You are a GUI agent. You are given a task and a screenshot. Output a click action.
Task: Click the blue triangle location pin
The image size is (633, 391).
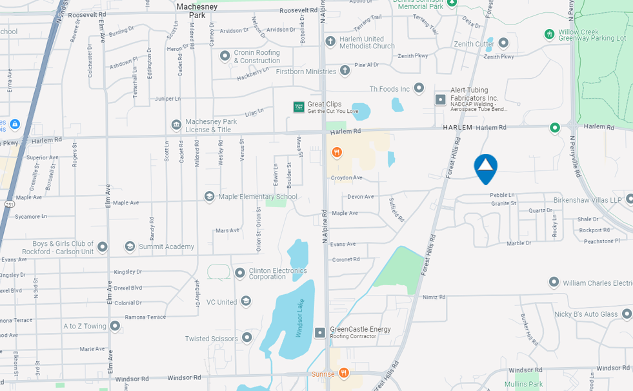(x=485, y=167)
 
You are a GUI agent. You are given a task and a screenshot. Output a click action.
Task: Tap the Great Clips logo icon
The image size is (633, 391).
(x=299, y=107)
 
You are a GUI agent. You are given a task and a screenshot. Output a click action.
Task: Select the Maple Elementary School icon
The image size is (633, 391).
(x=209, y=196)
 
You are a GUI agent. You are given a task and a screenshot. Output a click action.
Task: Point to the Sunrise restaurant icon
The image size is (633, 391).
(x=344, y=373)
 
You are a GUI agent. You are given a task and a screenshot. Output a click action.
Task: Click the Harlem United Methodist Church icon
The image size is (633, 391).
(x=330, y=42)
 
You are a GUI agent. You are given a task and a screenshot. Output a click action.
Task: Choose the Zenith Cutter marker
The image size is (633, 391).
(x=503, y=43)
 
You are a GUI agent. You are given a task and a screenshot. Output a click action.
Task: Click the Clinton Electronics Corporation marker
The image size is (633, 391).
(x=240, y=273)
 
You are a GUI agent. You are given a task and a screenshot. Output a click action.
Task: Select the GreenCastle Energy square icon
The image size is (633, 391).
(x=320, y=332)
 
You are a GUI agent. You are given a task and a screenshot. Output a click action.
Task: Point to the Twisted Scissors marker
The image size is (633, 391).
(x=246, y=338)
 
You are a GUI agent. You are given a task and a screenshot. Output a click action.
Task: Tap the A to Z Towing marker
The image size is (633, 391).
(x=115, y=326)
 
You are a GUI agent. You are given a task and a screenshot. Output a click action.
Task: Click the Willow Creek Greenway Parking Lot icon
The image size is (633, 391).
(x=549, y=34)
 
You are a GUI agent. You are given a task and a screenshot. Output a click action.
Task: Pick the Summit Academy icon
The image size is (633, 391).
(x=130, y=246)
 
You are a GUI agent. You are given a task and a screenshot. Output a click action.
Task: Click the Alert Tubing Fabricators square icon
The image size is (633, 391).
(x=441, y=99)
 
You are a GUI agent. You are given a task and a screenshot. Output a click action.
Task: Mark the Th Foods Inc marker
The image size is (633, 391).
(x=419, y=88)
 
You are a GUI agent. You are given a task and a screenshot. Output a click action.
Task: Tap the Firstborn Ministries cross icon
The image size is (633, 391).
(x=345, y=70)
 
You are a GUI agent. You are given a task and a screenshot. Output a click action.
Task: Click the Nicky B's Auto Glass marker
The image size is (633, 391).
(x=626, y=314)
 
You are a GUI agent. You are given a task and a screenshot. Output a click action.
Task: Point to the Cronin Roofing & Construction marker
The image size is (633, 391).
(x=225, y=56)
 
